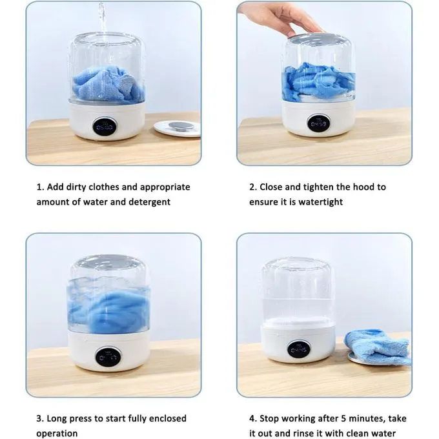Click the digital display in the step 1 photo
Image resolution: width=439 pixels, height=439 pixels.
(x=105, y=127)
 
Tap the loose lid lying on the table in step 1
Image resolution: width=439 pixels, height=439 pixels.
(x=178, y=128)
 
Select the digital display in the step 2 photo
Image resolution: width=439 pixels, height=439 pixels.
(x=319, y=123)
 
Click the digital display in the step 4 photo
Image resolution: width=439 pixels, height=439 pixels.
(x=299, y=350)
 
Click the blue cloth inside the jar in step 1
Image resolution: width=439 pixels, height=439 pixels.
(x=108, y=84)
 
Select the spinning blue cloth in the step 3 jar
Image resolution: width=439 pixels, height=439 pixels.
(x=108, y=311)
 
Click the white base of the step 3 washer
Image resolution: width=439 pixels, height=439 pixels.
(x=109, y=351)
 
